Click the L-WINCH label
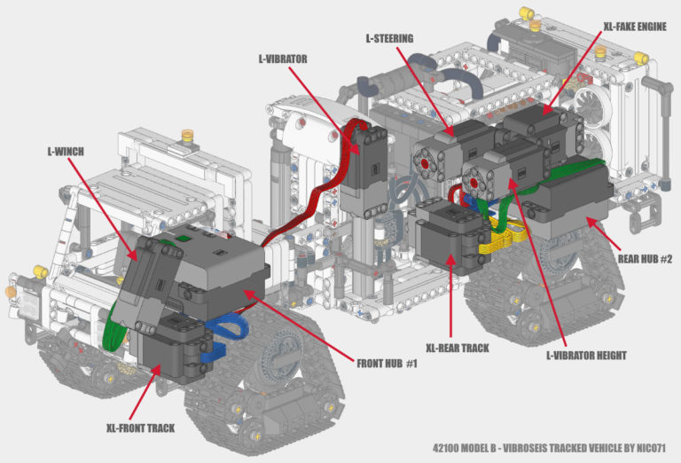click(x=65, y=152)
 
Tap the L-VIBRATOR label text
click(x=283, y=59)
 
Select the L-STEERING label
click(x=389, y=39)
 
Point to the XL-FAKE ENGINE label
click(x=635, y=27)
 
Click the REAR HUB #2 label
click(x=645, y=259)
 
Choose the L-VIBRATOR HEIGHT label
click(x=586, y=356)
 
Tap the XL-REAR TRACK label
click(x=458, y=348)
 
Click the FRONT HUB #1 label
click(x=387, y=364)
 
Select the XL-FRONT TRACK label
click(x=140, y=428)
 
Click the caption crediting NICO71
click(x=549, y=448)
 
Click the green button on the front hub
click(x=184, y=238)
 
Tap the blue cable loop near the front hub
click(x=226, y=334)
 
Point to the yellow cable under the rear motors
click(x=504, y=237)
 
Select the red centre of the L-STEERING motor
click(x=424, y=164)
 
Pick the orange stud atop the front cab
click(x=187, y=136)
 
